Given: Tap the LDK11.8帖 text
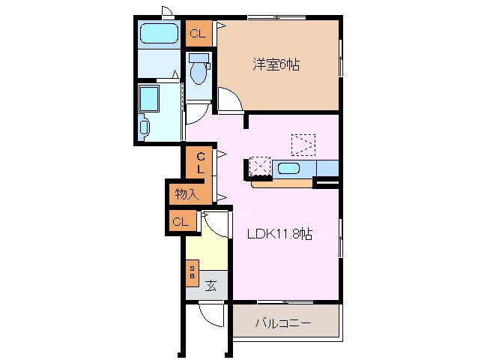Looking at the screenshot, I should [x=279, y=233].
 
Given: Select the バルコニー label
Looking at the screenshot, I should [x=282, y=324].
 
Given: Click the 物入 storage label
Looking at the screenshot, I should [x=186, y=194].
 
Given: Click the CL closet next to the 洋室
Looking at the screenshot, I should [x=198, y=33].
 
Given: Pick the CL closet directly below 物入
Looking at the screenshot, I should [x=181, y=221].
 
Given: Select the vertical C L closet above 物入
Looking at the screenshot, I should [x=200, y=163].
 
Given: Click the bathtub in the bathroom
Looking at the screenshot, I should [x=158, y=34].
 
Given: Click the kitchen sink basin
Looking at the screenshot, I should [x=289, y=168].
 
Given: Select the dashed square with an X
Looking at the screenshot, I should [x=259, y=166].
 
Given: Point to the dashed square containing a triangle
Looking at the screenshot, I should [x=303, y=143].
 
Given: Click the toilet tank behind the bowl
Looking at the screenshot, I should [x=199, y=58].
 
